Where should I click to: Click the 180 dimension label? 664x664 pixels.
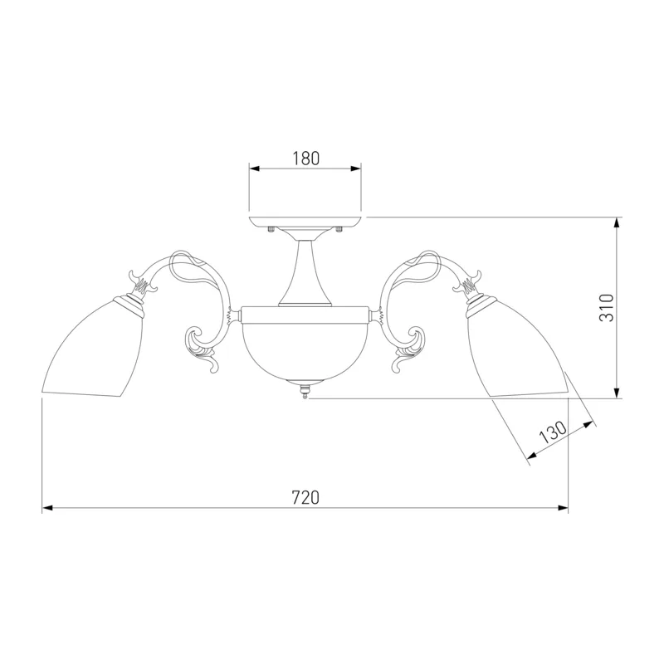305,159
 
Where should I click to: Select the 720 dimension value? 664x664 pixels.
305,497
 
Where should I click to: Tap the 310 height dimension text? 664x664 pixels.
607,307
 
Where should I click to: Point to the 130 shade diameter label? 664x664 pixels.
553,432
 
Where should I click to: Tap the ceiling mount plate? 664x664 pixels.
305,222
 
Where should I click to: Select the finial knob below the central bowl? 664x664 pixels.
304,390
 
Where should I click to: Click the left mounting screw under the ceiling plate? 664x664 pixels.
271,230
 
